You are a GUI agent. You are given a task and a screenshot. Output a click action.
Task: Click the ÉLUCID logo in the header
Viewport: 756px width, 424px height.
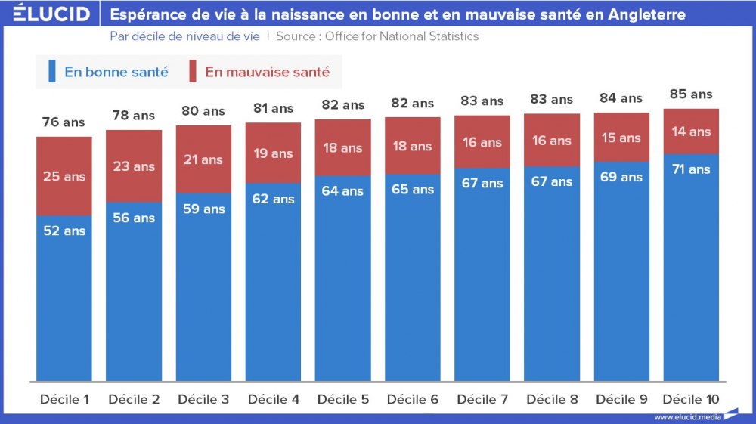pos(51,14)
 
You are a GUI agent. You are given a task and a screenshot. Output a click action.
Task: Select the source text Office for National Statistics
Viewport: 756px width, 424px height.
pos(401,36)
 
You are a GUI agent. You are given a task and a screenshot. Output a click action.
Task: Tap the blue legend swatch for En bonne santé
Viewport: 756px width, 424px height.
pos(51,72)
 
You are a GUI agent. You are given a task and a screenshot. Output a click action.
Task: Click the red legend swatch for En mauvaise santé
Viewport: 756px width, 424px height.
pos(193,72)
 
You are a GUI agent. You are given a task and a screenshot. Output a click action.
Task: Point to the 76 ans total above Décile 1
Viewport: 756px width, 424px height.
pos(64,122)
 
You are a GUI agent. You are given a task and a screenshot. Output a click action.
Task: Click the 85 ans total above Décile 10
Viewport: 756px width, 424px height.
pos(691,94)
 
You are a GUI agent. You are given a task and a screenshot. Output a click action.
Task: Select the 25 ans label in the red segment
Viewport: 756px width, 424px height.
pos(64,176)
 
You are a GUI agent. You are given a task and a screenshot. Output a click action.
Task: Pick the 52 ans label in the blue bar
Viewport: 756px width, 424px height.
pos(64,231)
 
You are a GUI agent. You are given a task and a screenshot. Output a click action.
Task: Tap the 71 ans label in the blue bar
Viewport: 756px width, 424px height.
pos(691,169)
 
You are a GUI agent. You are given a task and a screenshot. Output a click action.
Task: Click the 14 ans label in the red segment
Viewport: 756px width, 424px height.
pos(691,132)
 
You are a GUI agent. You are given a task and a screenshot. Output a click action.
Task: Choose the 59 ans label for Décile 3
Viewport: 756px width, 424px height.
pos(203,209)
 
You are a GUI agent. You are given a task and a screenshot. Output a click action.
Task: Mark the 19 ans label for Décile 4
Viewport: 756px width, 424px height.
pos(273,153)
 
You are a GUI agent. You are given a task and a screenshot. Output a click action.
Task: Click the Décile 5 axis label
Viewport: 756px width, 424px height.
pos(343,399)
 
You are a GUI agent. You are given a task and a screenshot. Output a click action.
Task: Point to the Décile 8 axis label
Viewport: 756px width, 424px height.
pos(552,399)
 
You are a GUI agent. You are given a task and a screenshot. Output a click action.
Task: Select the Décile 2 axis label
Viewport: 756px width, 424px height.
pos(134,399)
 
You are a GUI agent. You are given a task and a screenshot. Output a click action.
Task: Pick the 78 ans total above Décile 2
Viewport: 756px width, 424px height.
pos(134,116)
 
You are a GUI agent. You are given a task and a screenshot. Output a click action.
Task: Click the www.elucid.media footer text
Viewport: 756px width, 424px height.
pos(686,417)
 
